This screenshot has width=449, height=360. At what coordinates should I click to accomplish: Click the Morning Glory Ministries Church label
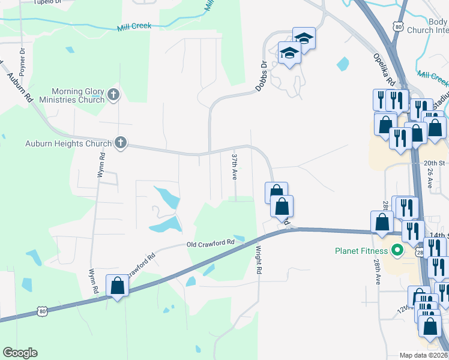point(70,95)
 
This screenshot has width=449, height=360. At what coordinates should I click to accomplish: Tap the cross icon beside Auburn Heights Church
point(120,143)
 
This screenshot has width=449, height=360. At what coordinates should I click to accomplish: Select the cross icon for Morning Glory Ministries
point(113,95)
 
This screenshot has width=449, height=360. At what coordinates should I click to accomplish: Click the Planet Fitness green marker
point(396,250)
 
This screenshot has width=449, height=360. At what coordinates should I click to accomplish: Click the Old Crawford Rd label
point(210,244)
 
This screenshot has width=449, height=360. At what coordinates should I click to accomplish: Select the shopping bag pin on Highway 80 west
point(117,286)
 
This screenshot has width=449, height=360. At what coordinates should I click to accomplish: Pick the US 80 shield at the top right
point(399,27)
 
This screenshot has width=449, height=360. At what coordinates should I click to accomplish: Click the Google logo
point(20,353)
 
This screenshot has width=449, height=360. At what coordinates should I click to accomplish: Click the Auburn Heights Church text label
point(68,143)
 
